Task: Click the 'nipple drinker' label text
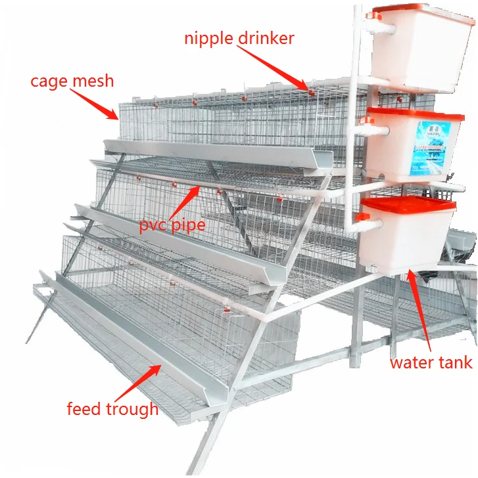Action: pyautogui.click(x=239, y=39)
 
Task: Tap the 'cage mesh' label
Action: pyautogui.click(x=72, y=81)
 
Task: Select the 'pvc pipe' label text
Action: pyautogui.click(x=172, y=225)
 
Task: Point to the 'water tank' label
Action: pyautogui.click(x=431, y=362)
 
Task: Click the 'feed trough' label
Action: pyautogui.click(x=112, y=409)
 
